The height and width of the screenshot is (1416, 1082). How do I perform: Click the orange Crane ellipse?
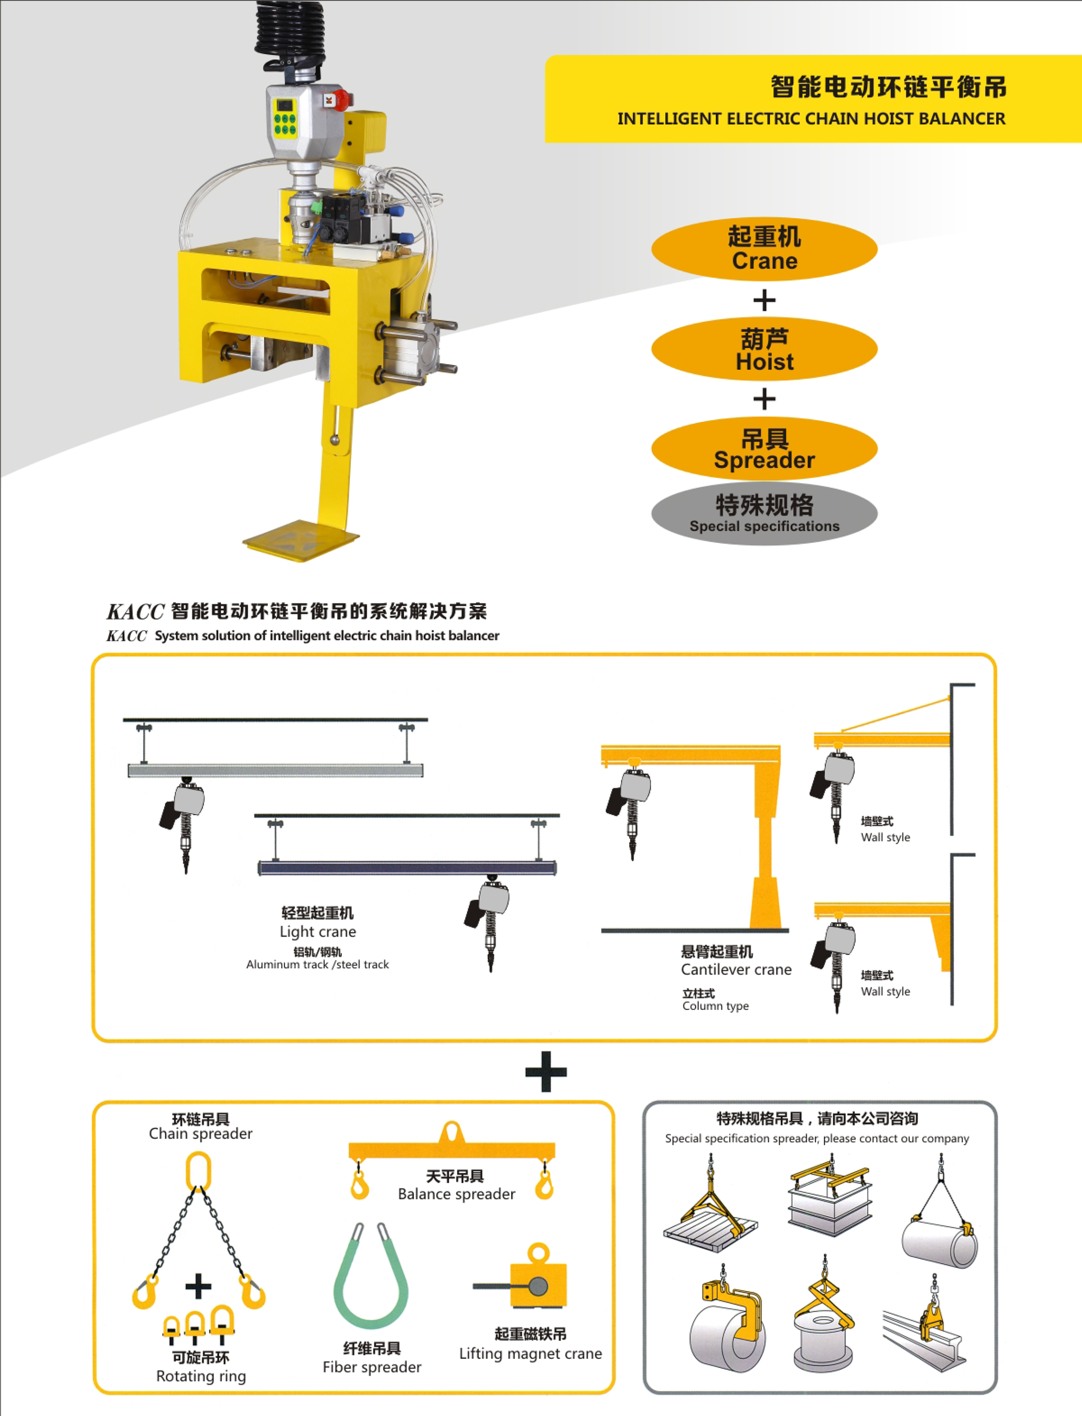pos(764,249)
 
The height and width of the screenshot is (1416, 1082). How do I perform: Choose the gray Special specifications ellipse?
pos(764,514)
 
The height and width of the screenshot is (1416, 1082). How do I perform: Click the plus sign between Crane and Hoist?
pos(764,300)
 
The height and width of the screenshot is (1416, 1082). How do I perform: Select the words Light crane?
pos(318,932)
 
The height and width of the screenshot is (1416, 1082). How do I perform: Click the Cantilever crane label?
pos(736,969)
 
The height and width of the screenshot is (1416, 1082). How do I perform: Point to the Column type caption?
pos(716,1006)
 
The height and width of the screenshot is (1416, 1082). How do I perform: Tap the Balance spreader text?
pos(457,1194)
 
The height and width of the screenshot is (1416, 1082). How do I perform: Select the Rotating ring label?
pos(201,1376)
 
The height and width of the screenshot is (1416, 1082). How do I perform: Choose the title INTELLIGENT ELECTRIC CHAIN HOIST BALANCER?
pos(811,119)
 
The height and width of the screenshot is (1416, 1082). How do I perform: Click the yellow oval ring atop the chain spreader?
pos(198,1172)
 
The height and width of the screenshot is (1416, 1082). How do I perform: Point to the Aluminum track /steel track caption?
pos(318,965)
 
